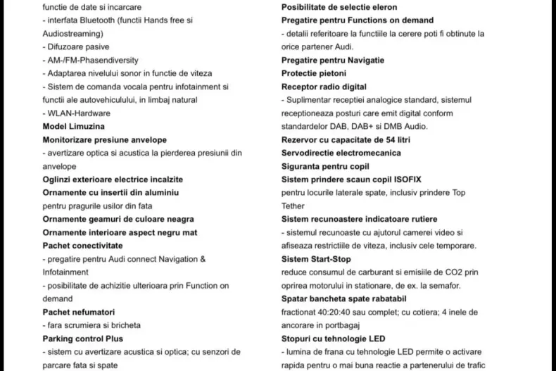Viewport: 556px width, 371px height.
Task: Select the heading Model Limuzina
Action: pos(74,126)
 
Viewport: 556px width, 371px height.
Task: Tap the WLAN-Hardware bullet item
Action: pos(76,113)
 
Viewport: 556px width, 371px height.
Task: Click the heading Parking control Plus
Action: pos(83,338)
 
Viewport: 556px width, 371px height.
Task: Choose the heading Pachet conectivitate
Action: pos(82,245)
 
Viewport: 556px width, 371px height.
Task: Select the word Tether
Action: pos(293,206)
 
